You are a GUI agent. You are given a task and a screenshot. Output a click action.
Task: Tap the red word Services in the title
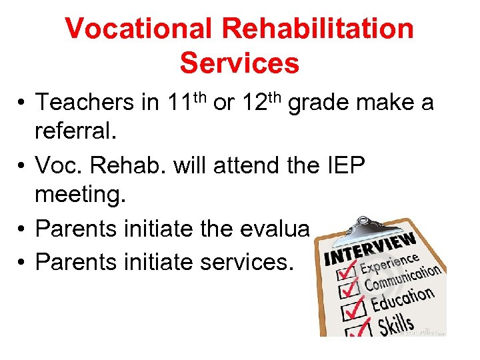click(x=239, y=63)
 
